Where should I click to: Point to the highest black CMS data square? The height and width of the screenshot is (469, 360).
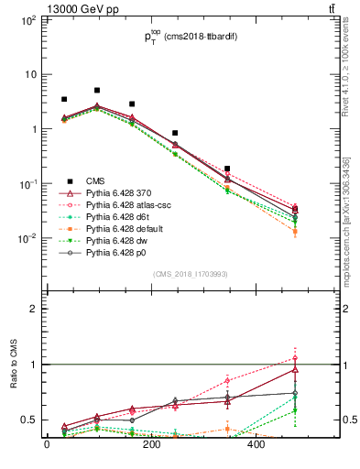click(97, 91)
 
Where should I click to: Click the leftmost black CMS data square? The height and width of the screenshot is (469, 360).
click(64, 99)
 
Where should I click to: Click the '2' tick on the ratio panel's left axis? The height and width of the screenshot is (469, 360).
click(32, 310)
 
